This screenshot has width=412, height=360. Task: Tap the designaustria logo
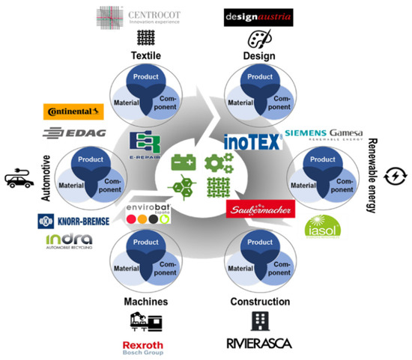pyautogui.click(x=258, y=16)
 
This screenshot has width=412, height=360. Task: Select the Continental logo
pyautogui.click(x=73, y=112)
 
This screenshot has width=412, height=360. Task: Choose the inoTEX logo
pyautogui.click(x=252, y=139)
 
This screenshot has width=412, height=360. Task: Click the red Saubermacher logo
pyautogui.click(x=257, y=210)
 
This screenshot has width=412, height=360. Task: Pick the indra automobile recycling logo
pyautogui.click(x=70, y=240)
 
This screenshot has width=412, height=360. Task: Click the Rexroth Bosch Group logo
pyautogui.click(x=142, y=347)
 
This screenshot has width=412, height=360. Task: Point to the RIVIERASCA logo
pyautogui.click(x=258, y=344)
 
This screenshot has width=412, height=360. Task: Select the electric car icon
pyautogui.click(x=19, y=180)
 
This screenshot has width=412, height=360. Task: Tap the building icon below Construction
pyautogui.click(x=259, y=320)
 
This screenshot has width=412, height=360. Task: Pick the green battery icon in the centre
pyautogui.click(x=183, y=162)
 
